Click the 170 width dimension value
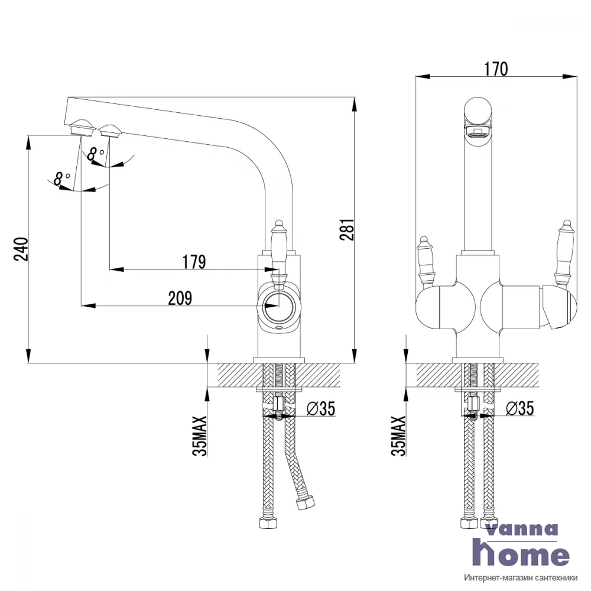click(x=496, y=69)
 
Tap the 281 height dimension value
click(x=347, y=229)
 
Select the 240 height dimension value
click(x=21, y=249)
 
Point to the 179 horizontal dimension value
click(x=194, y=262)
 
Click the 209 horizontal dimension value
click(x=180, y=298)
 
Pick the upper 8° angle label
click(x=95, y=154)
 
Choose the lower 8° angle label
click(x=62, y=178)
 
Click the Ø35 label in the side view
click(x=321, y=408)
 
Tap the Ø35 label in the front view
click(x=519, y=408)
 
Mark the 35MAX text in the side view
click(x=200, y=436)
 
